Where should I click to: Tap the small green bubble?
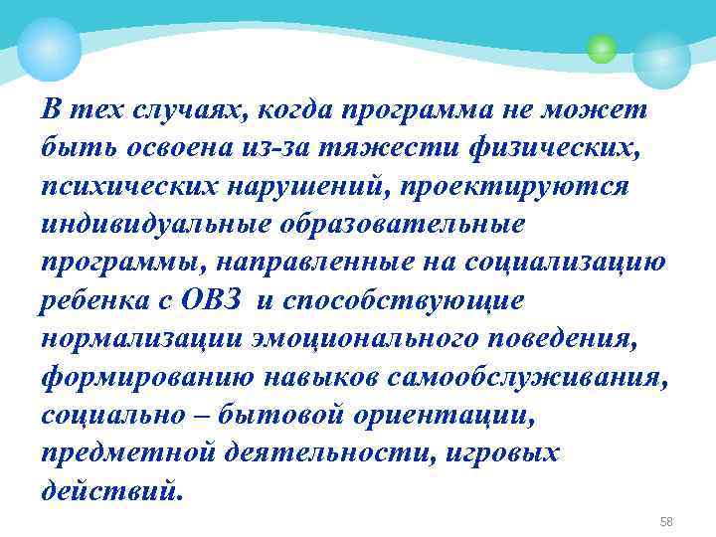coord(601,47)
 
